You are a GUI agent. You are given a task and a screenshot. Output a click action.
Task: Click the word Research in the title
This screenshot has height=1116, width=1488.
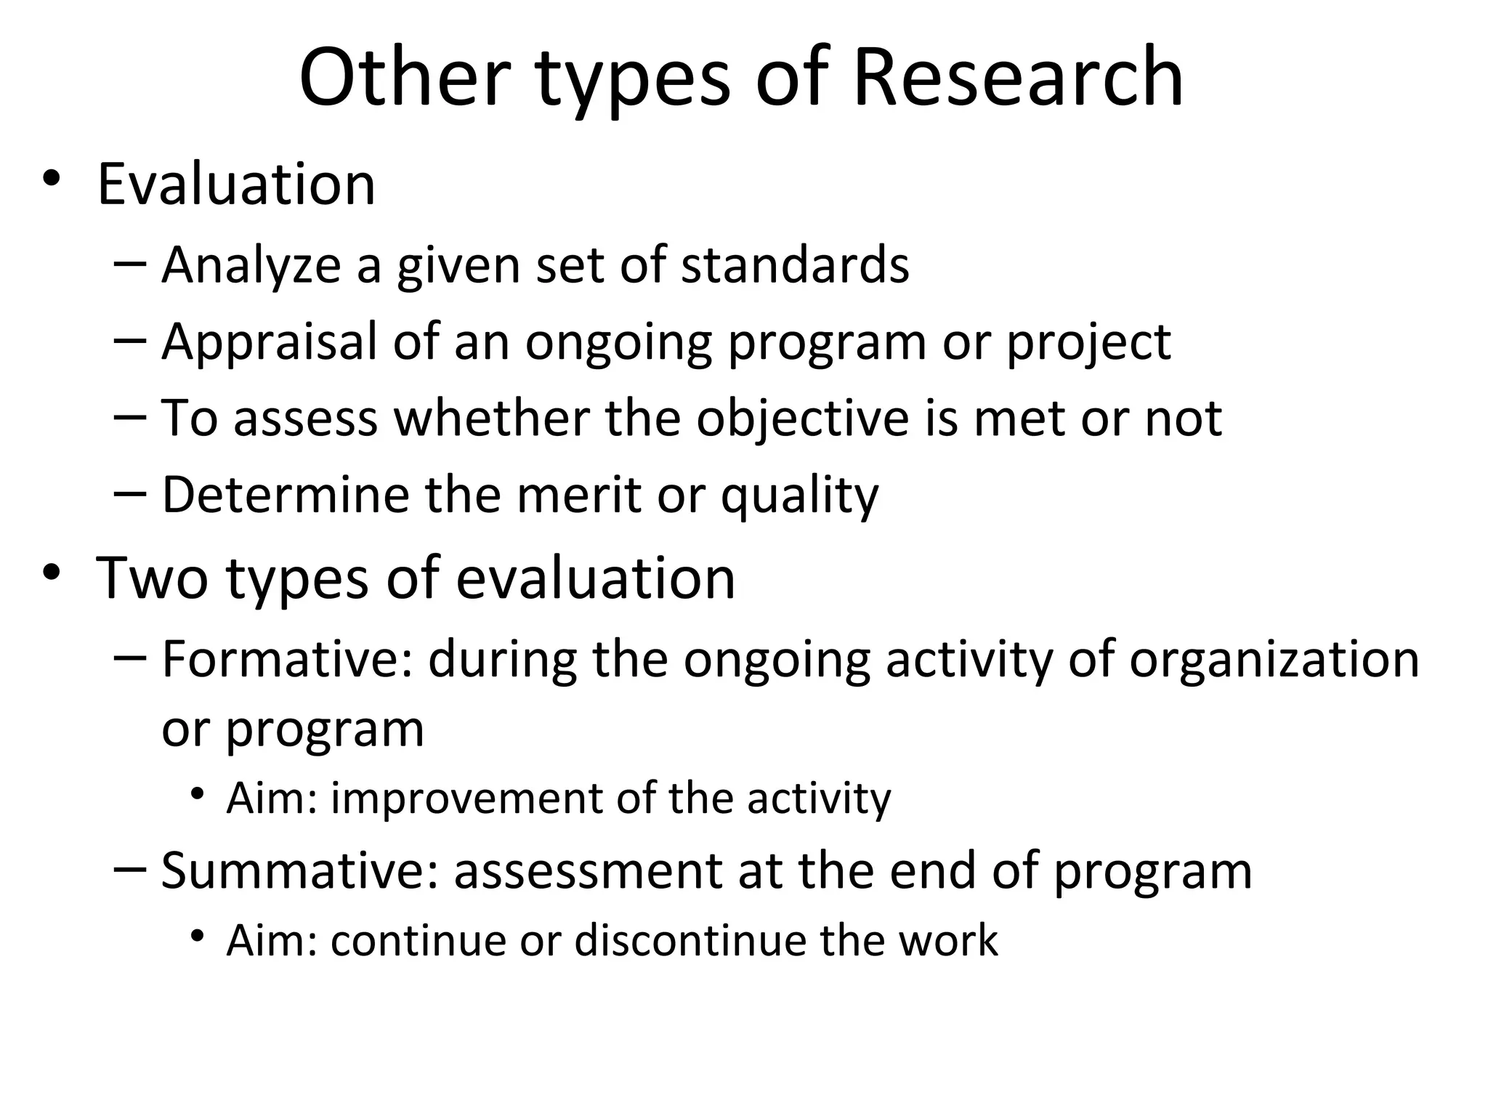point(1018,77)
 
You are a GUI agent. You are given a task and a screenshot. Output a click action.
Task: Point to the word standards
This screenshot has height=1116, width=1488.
point(795,265)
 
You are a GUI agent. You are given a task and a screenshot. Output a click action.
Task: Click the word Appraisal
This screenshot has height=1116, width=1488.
point(270,341)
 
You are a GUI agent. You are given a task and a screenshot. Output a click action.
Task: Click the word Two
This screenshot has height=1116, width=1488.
point(152,578)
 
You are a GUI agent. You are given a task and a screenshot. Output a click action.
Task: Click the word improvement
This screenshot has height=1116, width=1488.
point(466,798)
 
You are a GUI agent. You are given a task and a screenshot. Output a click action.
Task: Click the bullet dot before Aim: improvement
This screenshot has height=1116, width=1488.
point(197,795)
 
